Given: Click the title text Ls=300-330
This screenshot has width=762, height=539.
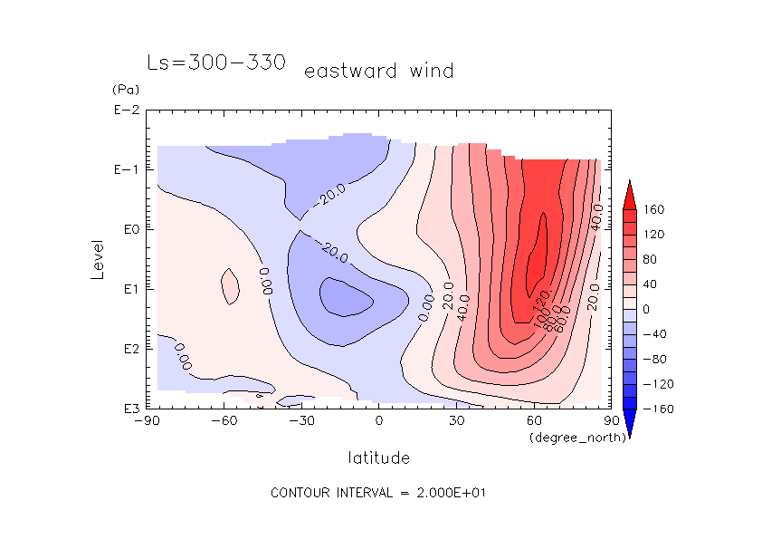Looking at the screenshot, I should pyautogui.click(x=216, y=63).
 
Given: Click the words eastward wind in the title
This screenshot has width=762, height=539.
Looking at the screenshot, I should pyautogui.click(x=378, y=71).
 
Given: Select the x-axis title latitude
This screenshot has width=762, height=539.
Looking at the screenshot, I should pyautogui.click(x=378, y=457).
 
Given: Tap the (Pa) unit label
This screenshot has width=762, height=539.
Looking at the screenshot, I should pyautogui.click(x=124, y=90).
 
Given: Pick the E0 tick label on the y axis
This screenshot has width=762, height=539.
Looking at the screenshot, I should pyautogui.click(x=128, y=230).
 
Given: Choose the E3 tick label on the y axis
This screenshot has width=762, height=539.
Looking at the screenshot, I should pyautogui.click(x=128, y=409).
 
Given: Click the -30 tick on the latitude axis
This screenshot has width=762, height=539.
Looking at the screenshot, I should pyautogui.click(x=300, y=421).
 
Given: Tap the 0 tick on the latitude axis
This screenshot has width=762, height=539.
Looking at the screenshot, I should pyautogui.click(x=379, y=421).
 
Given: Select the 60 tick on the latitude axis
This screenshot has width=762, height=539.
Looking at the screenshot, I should pyautogui.click(x=534, y=421).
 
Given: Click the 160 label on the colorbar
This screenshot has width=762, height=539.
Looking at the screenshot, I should pyautogui.click(x=654, y=209).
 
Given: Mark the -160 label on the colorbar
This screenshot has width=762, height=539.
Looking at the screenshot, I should pyautogui.click(x=657, y=409).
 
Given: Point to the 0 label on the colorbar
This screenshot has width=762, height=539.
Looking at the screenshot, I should pyautogui.click(x=647, y=309).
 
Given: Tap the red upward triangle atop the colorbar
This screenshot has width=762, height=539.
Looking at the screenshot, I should pyautogui.click(x=630, y=194).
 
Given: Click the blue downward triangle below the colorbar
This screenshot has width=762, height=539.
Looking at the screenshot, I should pyautogui.click(x=630, y=423).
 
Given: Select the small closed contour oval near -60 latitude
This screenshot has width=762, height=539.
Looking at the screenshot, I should pyautogui.click(x=230, y=286).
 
